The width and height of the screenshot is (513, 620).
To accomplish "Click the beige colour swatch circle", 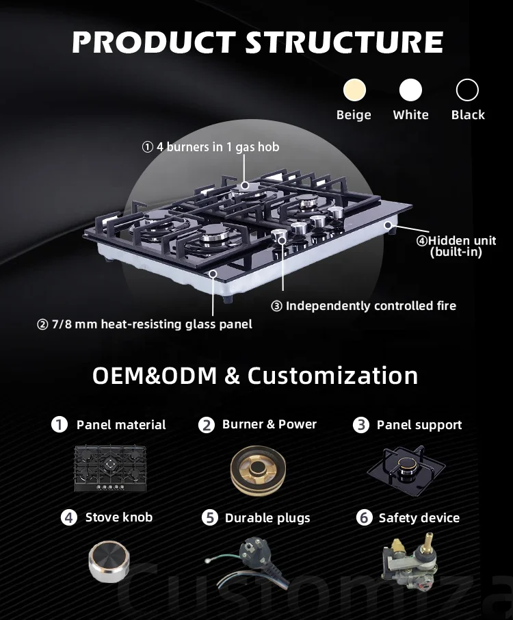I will (x=354, y=90).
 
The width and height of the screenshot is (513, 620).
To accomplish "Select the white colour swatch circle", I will (x=411, y=90).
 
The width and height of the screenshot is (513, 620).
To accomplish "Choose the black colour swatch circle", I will (x=467, y=90).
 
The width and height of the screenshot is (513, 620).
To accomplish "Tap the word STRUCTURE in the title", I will (x=344, y=42).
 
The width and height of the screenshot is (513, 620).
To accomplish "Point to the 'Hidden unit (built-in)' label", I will (x=456, y=246).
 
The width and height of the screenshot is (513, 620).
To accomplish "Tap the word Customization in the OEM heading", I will (x=332, y=376).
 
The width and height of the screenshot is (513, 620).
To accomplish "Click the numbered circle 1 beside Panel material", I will (x=60, y=424).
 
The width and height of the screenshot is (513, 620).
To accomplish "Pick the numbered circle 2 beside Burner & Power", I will (x=207, y=425).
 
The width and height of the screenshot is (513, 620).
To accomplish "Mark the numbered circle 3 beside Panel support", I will (x=360, y=425).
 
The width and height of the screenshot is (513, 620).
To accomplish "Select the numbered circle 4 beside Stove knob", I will (x=69, y=517).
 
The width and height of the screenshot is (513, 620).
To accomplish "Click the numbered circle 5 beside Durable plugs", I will (x=210, y=518).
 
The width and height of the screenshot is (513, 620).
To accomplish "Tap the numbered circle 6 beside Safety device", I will (x=364, y=518).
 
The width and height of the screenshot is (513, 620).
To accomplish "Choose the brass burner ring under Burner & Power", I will (x=259, y=470).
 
